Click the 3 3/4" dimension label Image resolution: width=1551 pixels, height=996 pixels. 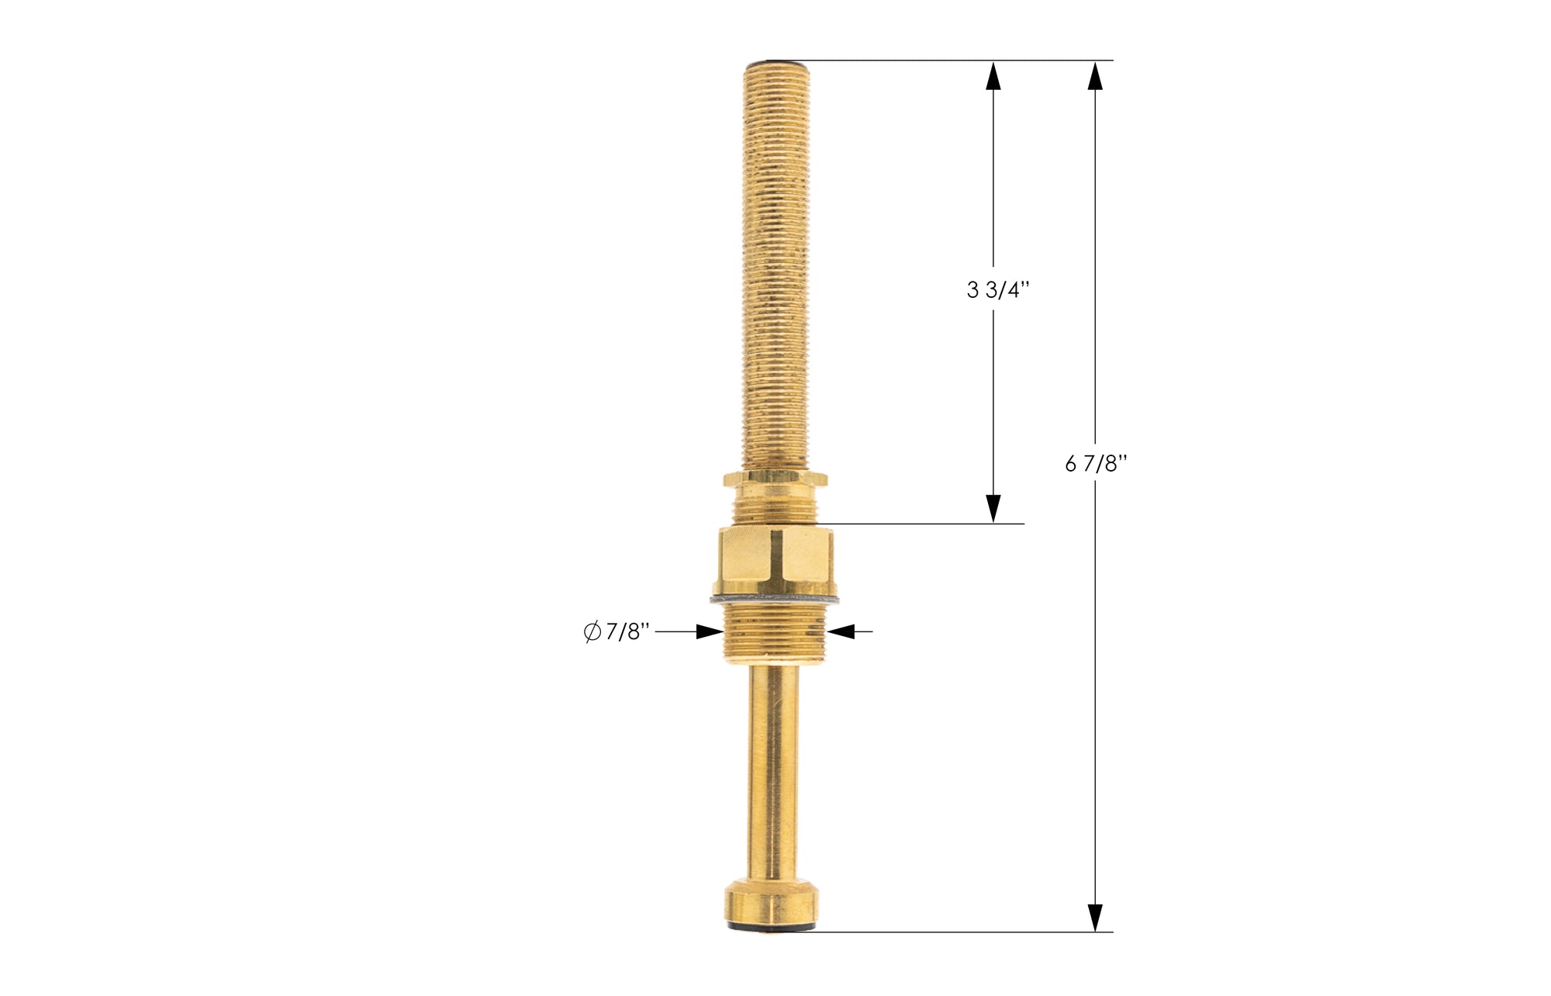coord(998,290)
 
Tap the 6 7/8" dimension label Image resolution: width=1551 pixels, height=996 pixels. coord(1096,464)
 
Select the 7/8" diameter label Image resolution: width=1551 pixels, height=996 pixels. coord(627,632)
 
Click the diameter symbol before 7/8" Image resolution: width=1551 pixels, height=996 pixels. coord(592,632)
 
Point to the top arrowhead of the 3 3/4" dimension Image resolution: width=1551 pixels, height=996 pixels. coord(993,76)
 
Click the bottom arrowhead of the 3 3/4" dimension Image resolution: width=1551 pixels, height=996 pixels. coord(993,508)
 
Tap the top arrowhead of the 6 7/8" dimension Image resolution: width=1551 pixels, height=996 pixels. coord(1094,76)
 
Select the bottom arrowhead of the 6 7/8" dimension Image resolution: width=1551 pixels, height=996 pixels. coord(1094,917)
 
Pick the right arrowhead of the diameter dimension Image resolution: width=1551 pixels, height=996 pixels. coord(841,631)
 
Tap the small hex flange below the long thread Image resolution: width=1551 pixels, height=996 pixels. coord(775,479)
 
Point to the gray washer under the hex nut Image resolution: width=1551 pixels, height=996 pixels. coord(775,599)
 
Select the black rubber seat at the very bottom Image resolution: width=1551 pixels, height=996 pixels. coord(772,927)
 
